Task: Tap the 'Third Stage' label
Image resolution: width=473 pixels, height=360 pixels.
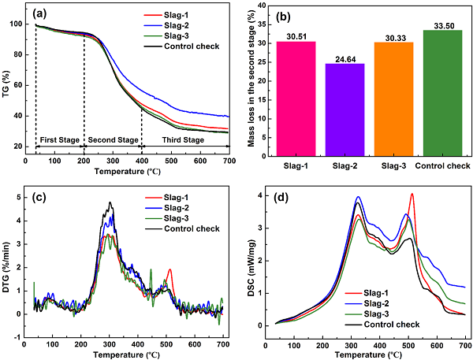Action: [x=183, y=140]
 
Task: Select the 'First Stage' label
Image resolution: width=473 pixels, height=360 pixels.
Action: [x=59, y=140]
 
